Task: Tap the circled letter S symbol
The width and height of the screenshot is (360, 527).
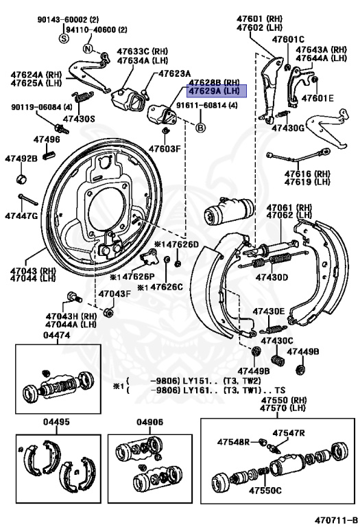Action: point(64,38)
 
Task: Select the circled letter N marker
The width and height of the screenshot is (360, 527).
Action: point(88,49)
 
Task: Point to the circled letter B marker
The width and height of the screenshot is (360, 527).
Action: point(200,128)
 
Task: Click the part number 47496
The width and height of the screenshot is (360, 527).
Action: point(47,139)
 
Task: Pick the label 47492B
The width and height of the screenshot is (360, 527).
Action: point(21,159)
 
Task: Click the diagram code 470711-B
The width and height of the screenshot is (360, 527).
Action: point(336,520)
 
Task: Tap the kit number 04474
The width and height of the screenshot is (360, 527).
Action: point(57,335)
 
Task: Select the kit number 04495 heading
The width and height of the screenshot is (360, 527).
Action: point(56,422)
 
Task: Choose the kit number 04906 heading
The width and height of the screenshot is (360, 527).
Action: point(149,422)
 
